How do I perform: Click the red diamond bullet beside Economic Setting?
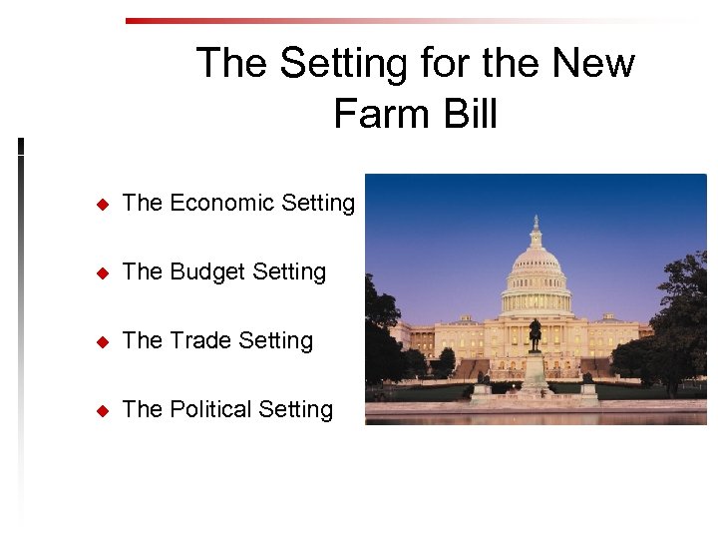point(101,205)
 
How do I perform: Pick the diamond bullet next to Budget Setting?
point(101,273)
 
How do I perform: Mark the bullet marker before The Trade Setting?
point(101,342)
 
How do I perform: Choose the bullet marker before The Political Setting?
point(101,411)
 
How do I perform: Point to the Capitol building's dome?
point(537,265)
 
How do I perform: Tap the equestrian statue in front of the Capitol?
point(536,335)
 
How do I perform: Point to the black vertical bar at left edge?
point(21,147)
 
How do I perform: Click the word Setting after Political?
point(295,410)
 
